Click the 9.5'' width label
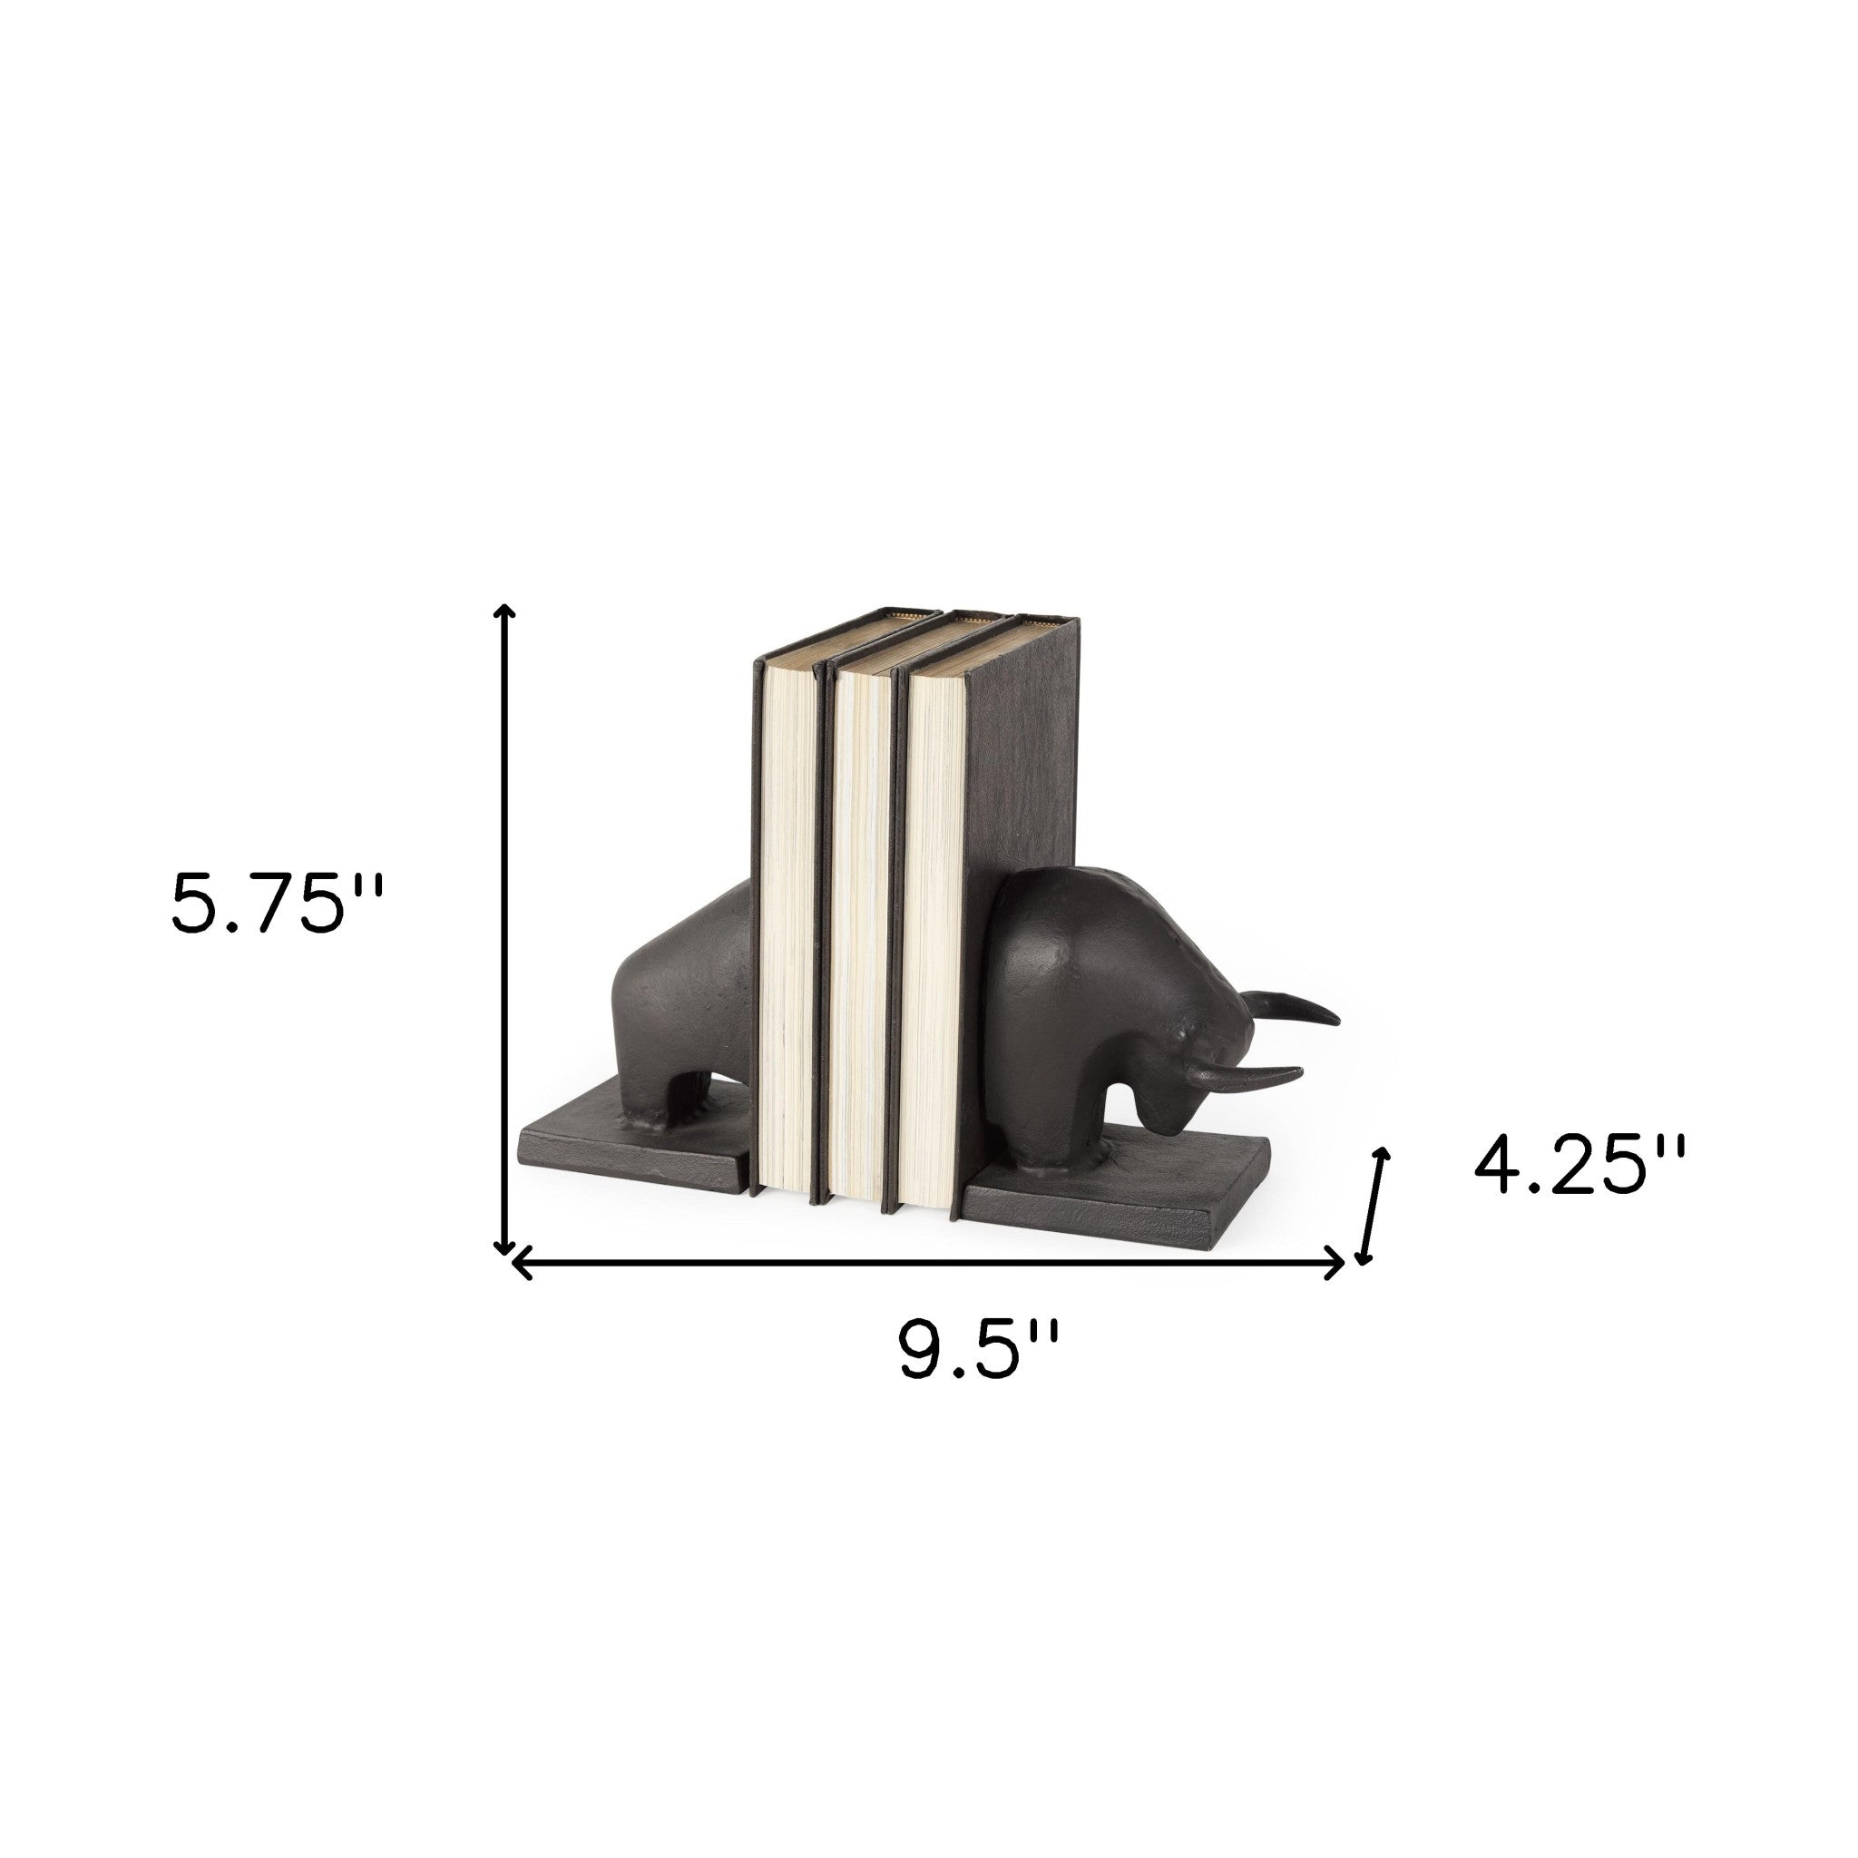(x=979, y=1350)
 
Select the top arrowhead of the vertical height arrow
(x=503, y=611)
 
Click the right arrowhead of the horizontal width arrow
(x=1336, y=1262)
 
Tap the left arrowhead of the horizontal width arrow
(x=523, y=1262)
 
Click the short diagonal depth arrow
(x=1374, y=1206)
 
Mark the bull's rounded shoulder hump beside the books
(x=1068, y=924)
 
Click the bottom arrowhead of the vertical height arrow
(x=503, y=1248)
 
